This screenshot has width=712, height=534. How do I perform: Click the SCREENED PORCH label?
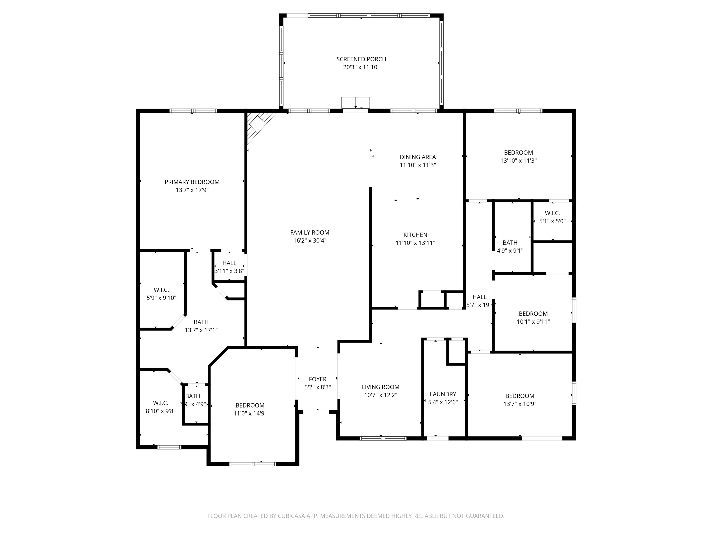[361, 59]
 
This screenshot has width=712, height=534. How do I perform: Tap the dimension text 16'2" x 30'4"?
[310, 240]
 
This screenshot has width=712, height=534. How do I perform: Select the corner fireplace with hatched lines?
[258, 124]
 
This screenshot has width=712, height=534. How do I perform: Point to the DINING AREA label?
[417, 157]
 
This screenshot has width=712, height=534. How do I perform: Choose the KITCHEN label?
[415, 235]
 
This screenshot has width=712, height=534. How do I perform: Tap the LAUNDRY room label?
[443, 394]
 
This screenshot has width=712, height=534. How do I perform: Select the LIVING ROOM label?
[380, 387]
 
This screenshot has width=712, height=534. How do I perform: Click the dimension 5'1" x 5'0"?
[552, 221]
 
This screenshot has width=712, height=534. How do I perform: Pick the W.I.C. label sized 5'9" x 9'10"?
[161, 290]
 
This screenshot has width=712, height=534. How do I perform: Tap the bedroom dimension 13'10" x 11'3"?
[518, 161]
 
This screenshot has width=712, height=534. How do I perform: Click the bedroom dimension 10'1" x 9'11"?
[533, 322]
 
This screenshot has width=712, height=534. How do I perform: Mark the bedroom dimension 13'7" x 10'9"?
[520, 404]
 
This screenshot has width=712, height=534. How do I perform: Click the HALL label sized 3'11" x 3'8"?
[229, 263]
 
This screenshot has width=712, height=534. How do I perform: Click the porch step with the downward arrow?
[355, 103]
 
